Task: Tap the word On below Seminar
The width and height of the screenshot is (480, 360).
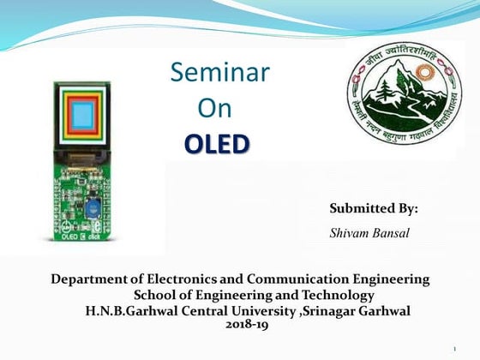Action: tap(215, 109)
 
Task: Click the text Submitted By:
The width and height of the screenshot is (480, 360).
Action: tap(374, 208)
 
